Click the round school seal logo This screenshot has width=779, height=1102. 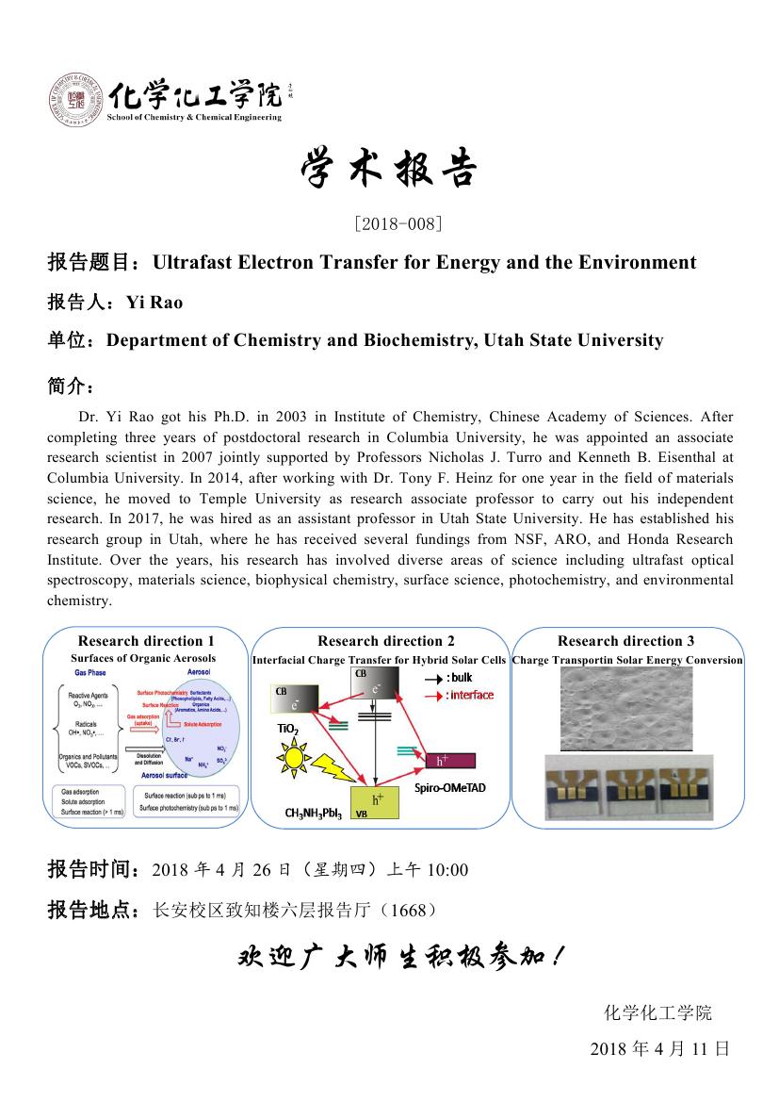75,101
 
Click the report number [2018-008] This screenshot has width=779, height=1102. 389,223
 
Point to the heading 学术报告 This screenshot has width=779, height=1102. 389,170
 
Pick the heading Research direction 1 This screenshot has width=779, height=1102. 146,641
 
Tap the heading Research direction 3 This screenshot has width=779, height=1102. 626,641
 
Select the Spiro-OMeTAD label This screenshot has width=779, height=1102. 450,787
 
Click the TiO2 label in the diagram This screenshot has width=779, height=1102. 287,729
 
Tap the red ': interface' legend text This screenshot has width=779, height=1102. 470,695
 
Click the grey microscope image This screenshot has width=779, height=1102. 626,709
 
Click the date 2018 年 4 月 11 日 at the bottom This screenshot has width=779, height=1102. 659,1048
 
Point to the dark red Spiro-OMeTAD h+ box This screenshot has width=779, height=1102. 449,760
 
